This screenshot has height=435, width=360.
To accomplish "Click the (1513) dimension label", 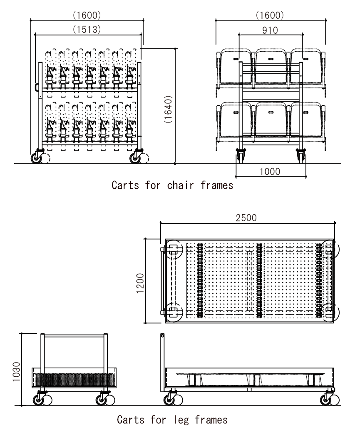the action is pyautogui.click(x=87, y=30).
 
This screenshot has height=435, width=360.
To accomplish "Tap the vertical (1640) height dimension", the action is pyautogui.click(x=168, y=109).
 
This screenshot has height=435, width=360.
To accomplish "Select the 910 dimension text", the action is pyautogui.click(x=270, y=30).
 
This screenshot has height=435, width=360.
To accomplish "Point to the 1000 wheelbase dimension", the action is pyautogui.click(x=270, y=171).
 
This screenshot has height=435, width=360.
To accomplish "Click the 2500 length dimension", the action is pyautogui.click(x=246, y=218).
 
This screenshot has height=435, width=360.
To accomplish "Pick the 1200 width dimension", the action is pyautogui.click(x=140, y=283).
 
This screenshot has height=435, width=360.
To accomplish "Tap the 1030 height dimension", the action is pyautogui.click(x=16, y=372).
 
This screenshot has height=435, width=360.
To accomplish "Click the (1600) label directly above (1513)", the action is pyautogui.click(x=87, y=15).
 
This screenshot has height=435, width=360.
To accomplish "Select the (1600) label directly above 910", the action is pyautogui.click(x=270, y=15).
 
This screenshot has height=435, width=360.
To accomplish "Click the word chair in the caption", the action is pyautogui.click(x=180, y=185).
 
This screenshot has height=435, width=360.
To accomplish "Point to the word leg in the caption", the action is pyautogui.click(x=181, y=420).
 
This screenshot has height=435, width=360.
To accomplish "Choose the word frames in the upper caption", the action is pyautogui.click(x=217, y=185).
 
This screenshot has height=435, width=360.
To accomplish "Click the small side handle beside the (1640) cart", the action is pyautogui.click(x=37, y=87).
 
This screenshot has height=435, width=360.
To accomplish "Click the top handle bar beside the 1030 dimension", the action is pyautogui.click(x=74, y=336).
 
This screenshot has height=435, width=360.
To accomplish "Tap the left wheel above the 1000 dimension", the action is pyautogui.click(x=240, y=156).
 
